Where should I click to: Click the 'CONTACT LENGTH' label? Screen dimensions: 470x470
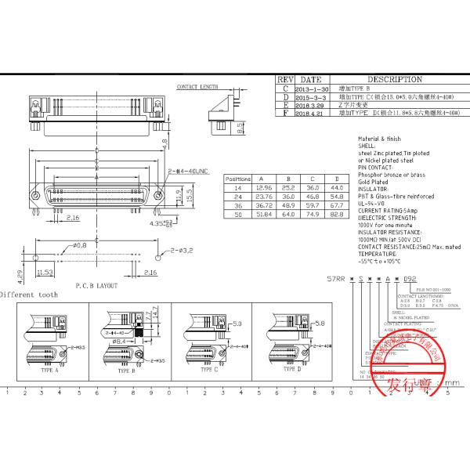click(197, 87)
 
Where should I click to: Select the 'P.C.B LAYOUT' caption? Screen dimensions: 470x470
click(96, 286)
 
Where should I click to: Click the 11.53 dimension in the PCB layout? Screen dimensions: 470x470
click(44, 272)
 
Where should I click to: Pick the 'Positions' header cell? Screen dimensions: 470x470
click(237, 179)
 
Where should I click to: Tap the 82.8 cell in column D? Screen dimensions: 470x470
click(338, 213)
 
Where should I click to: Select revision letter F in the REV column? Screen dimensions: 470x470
click(286, 114)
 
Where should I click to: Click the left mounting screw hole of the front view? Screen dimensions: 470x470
click(34, 194)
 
